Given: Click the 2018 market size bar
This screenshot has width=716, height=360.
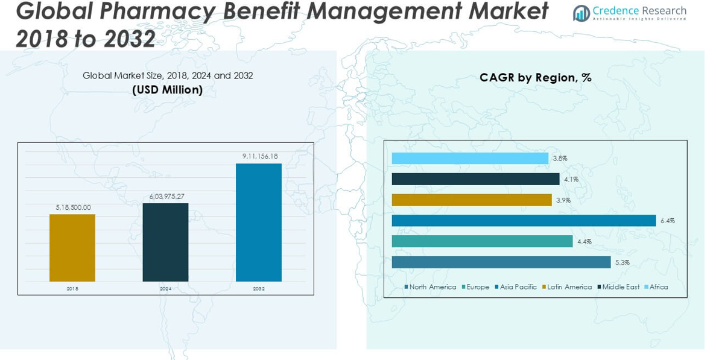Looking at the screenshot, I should pyautogui.click(x=72, y=248).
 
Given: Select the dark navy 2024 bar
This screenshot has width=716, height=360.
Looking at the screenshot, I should pyautogui.click(x=165, y=242).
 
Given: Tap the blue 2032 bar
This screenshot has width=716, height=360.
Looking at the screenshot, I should pyautogui.click(x=259, y=223).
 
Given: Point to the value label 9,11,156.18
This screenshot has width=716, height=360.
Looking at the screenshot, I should pyautogui.click(x=260, y=156).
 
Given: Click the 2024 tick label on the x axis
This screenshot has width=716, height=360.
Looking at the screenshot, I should pyautogui.click(x=165, y=289).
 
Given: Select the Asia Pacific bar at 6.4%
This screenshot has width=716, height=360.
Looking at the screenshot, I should pyautogui.click(x=524, y=221).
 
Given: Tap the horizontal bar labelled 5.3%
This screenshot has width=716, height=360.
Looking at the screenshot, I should pyautogui.click(x=501, y=262).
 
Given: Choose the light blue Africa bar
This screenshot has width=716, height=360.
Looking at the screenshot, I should pyautogui.click(x=470, y=159).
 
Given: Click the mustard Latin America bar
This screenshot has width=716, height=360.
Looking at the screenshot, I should pyautogui.click(x=472, y=200).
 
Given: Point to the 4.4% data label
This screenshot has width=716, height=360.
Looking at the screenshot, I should pyautogui.click(x=584, y=242).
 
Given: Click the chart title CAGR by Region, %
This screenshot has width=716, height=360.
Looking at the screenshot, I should pyautogui.click(x=535, y=77).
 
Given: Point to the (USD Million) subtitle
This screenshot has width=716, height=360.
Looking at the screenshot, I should pyautogui.click(x=167, y=90).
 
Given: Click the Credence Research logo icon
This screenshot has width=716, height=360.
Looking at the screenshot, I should pyautogui.click(x=581, y=13).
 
